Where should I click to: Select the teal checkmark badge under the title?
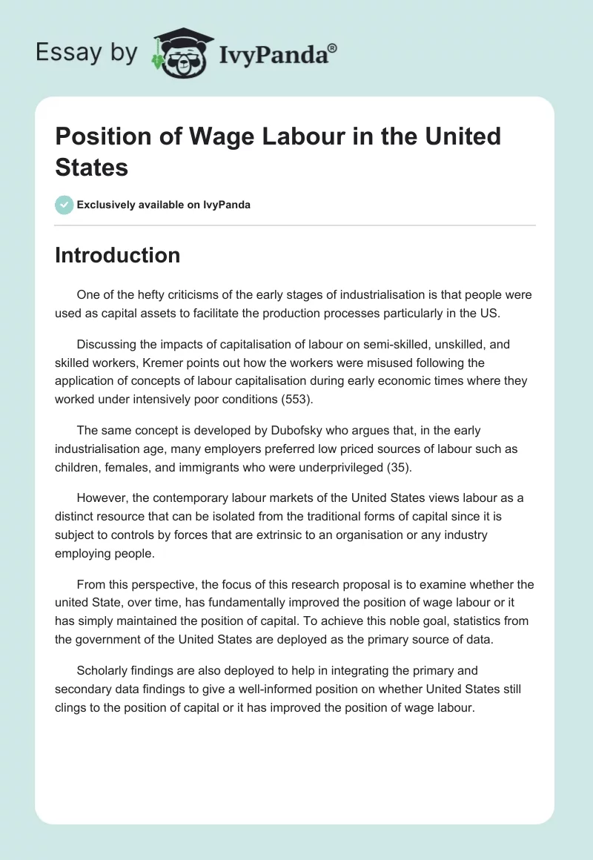point(64,205)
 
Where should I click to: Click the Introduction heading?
point(117,255)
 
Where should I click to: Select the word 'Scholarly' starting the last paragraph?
point(105,671)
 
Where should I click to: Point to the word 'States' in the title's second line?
point(92,167)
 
